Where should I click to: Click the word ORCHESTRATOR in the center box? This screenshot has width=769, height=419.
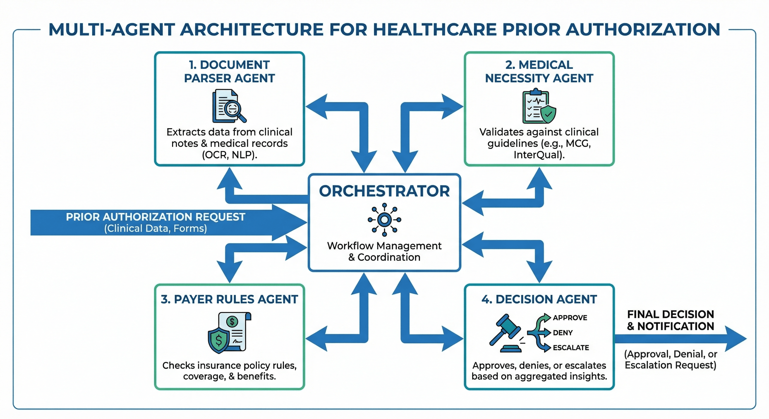coord(384,191)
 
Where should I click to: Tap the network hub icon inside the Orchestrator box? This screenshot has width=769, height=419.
coord(384,220)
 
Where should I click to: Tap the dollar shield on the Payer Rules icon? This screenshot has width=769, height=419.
coord(218,340)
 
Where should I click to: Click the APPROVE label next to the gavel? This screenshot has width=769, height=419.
coord(570,318)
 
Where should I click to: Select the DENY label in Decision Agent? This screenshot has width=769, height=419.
coord(563,333)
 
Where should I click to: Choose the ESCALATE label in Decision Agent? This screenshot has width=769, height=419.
coord(571,348)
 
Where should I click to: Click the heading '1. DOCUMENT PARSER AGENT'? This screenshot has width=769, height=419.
coord(229,71)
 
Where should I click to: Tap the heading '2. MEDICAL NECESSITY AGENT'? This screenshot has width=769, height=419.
coord(539,71)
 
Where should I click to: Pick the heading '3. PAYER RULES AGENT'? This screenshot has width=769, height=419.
coord(229,299)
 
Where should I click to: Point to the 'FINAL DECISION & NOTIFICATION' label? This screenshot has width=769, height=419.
coord(670,320)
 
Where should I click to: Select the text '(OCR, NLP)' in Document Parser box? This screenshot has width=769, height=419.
coord(229,155)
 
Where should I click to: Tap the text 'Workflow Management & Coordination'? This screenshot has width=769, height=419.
coord(384,252)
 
